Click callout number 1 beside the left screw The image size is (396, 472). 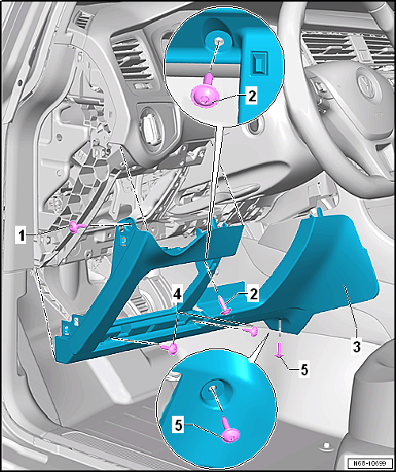[21, 236]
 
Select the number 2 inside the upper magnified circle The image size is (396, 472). [252, 96]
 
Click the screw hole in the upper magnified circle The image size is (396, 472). [218, 40]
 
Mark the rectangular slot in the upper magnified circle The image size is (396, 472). [258, 63]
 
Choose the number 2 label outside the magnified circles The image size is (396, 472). [253, 295]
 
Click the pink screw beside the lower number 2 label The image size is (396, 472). [224, 305]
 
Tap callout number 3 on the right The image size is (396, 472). [357, 347]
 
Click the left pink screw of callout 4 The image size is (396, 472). [170, 348]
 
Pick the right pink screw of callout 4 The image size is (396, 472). [252, 331]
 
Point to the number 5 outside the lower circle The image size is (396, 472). [304, 370]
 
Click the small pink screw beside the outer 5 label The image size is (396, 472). [279, 350]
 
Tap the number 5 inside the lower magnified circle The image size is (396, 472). [178, 426]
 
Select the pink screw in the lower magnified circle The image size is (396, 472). [230, 429]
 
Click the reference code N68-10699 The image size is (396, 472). [369, 462]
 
